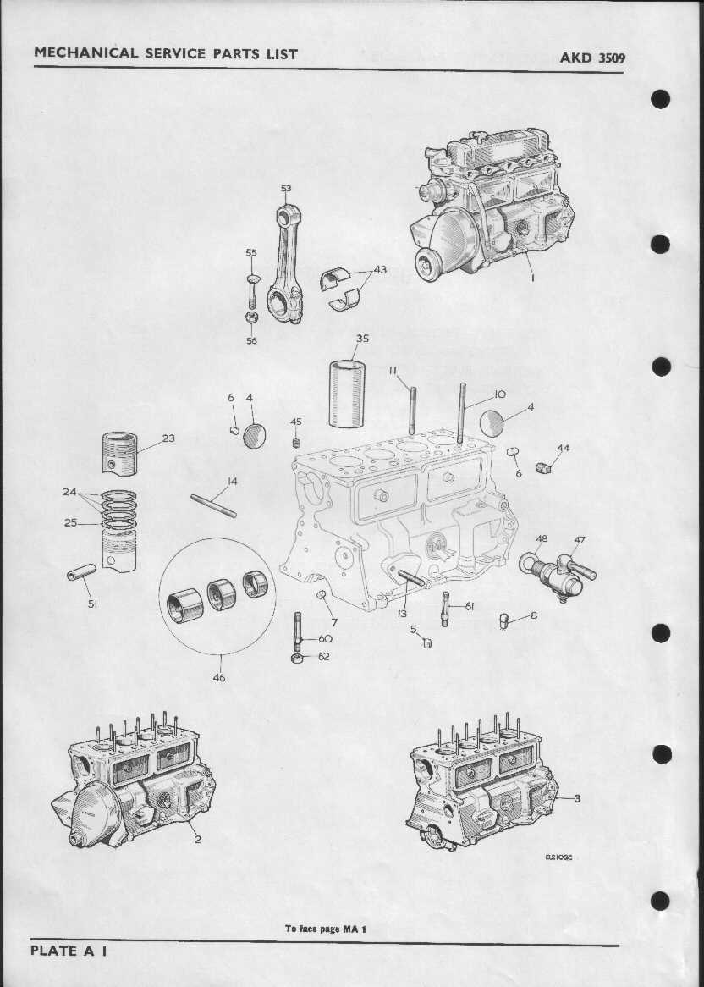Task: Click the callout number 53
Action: tap(286, 188)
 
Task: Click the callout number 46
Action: tap(219, 678)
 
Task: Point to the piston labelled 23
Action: tap(119, 453)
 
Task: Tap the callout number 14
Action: tap(232, 482)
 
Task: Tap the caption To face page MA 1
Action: tap(325, 929)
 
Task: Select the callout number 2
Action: tap(197, 839)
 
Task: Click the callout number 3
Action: tap(577, 798)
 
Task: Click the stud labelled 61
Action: tap(445, 609)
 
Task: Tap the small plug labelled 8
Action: tap(503, 621)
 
